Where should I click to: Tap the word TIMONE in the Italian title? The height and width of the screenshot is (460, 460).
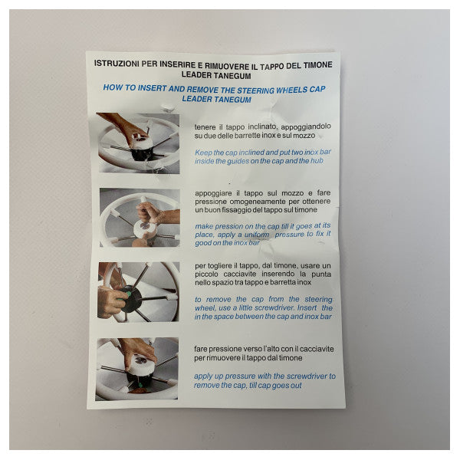point(314,65)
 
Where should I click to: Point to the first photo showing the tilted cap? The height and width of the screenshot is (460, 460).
point(138,143)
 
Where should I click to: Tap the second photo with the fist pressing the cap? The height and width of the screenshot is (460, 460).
point(139,217)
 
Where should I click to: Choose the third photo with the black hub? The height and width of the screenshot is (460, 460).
point(138,291)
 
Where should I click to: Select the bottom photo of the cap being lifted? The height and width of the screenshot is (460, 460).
point(137,369)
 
